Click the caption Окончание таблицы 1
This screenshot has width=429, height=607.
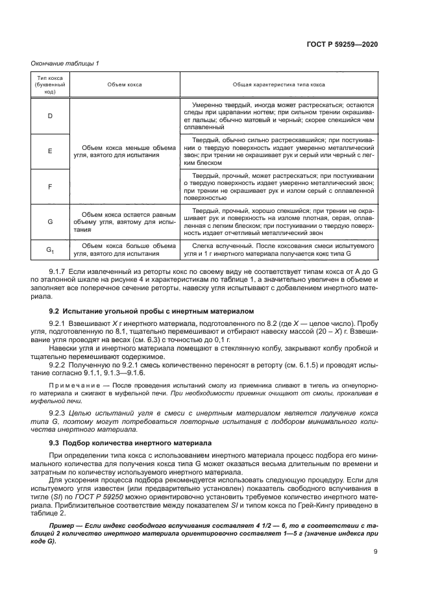pos(65,63)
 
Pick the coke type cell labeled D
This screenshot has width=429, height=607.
pos(49,116)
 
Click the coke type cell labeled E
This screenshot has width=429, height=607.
pos(49,151)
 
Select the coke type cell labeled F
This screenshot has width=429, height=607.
pos(49,186)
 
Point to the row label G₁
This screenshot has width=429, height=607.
pos(49,249)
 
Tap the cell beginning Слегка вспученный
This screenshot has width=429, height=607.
pos(279,249)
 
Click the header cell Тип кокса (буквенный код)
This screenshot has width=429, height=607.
pos(49,85)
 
